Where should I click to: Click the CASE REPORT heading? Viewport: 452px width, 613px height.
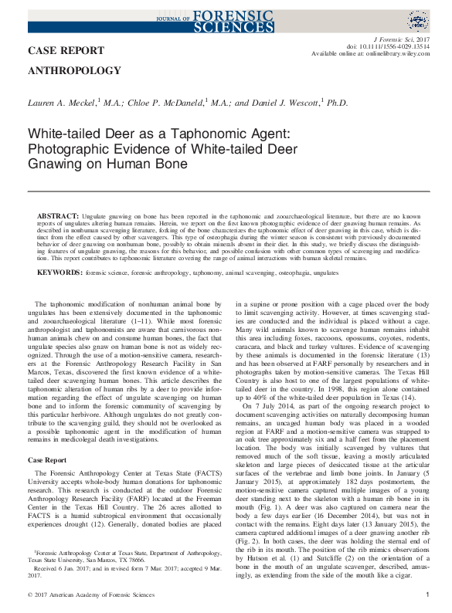pos(66,51)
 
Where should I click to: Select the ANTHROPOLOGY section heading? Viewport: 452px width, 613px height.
pos(74,71)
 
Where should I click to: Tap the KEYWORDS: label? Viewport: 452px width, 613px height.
pos(60,273)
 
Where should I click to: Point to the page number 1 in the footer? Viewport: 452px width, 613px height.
pos(427,594)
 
